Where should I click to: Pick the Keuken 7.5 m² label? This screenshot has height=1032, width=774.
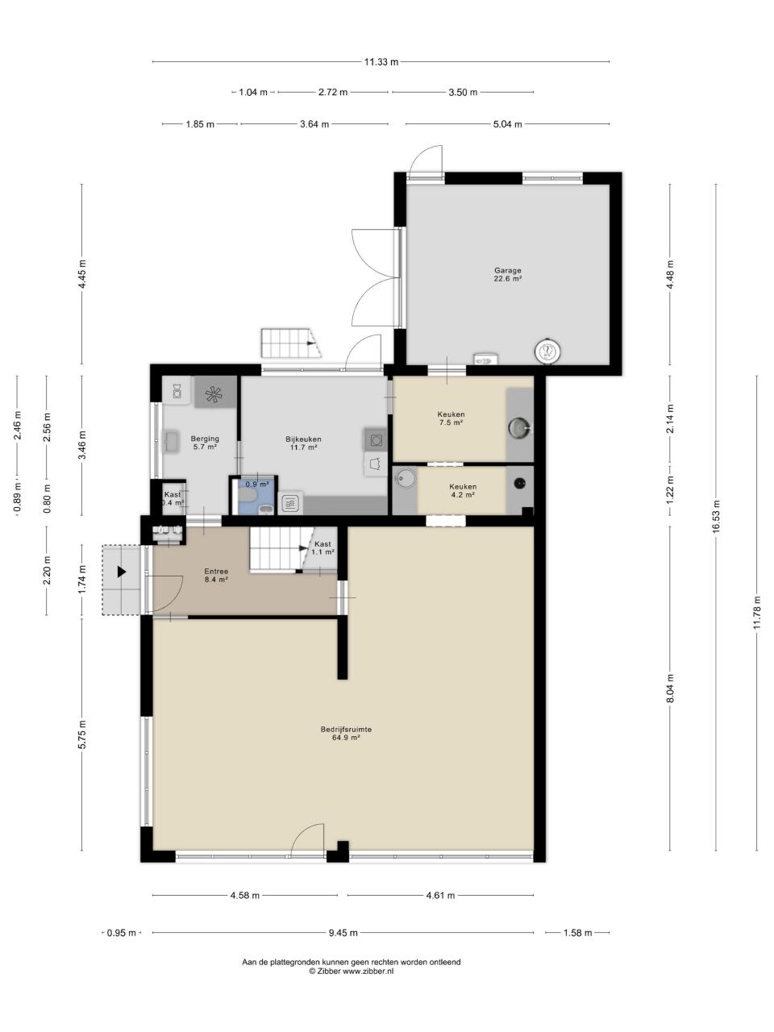[x=451, y=418]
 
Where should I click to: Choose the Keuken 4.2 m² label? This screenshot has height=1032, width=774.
[x=463, y=490]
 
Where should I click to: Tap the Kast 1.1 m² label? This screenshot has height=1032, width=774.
[x=322, y=547]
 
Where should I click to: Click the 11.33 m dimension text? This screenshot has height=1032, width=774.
[x=381, y=61]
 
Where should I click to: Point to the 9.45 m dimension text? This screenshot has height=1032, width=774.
[x=343, y=932]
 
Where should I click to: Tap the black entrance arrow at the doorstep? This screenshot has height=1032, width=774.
[x=122, y=572]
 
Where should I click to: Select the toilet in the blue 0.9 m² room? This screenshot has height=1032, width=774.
[x=248, y=494]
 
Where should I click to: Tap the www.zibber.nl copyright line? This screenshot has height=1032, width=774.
[x=351, y=971]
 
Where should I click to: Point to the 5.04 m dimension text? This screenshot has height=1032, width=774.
[x=508, y=124]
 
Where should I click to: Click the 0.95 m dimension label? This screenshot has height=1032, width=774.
[x=121, y=933]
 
